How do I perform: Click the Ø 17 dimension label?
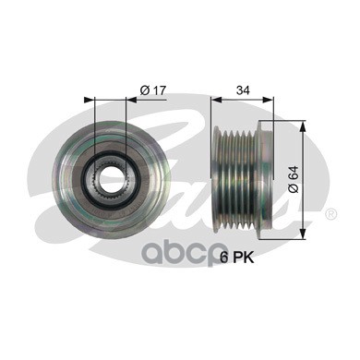coord(152,90)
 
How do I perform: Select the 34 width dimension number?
coord(243,90)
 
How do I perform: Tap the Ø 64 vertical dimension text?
coord(294,180)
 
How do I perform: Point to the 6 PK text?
coord(237,258)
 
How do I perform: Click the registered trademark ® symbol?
coord(330,214)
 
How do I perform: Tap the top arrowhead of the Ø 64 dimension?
coord(303,126)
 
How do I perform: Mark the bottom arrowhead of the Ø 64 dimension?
coord(303,234)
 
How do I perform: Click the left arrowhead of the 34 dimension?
coord(217,100)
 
